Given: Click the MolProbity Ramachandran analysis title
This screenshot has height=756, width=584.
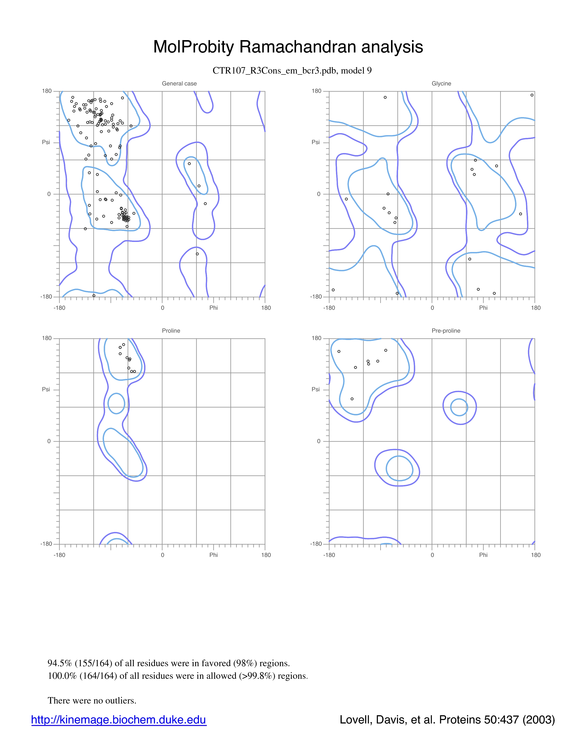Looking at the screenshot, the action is (x=288, y=47).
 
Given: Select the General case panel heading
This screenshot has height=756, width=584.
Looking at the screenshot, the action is (x=179, y=83).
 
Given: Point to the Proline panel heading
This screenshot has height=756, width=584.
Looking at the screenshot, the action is (x=171, y=331).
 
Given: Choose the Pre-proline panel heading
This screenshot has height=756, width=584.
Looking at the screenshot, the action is (x=446, y=331).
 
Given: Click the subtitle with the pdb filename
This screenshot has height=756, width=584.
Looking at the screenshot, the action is (x=292, y=71).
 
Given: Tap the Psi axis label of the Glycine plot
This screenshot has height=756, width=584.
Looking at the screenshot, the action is (x=316, y=142).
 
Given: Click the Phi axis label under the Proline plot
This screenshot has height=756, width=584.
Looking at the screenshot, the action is (x=213, y=555).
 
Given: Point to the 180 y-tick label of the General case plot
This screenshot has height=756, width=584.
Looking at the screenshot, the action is (x=47, y=91).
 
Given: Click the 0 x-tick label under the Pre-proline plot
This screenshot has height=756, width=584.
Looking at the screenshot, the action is (x=432, y=555).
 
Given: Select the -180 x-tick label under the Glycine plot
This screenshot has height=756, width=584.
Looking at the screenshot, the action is (x=329, y=308).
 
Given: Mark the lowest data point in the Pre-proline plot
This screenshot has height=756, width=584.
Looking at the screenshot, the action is (x=352, y=399).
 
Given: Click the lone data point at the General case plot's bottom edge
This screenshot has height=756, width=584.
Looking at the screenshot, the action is (x=94, y=296).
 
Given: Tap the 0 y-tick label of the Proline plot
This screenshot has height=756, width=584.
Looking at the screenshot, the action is (x=49, y=441).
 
